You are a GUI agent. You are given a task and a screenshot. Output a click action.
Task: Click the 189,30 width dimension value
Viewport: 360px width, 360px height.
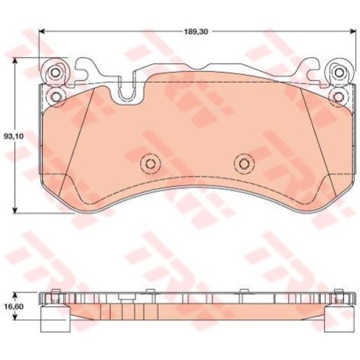[196, 32]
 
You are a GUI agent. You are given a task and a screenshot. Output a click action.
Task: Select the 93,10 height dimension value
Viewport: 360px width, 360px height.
[14, 136]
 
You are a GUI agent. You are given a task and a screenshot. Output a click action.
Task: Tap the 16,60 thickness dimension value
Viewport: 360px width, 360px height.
[14, 307]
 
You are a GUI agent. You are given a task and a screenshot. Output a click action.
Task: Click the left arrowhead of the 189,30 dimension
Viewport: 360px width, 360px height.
[42, 31]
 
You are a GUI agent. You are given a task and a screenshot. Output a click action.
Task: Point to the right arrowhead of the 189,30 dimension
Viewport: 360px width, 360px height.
[353, 31]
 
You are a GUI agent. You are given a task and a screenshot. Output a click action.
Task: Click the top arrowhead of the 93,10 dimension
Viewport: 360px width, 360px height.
[15, 61]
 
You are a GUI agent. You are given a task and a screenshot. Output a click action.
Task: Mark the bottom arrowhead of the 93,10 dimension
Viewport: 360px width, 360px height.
[15, 210]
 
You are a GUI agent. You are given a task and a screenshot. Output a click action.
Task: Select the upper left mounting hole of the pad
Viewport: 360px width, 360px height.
[55, 73]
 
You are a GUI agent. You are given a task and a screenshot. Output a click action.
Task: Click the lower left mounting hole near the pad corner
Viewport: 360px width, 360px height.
[56, 97]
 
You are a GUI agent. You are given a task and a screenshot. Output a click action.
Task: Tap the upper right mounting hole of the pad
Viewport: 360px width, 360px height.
[338, 73]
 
